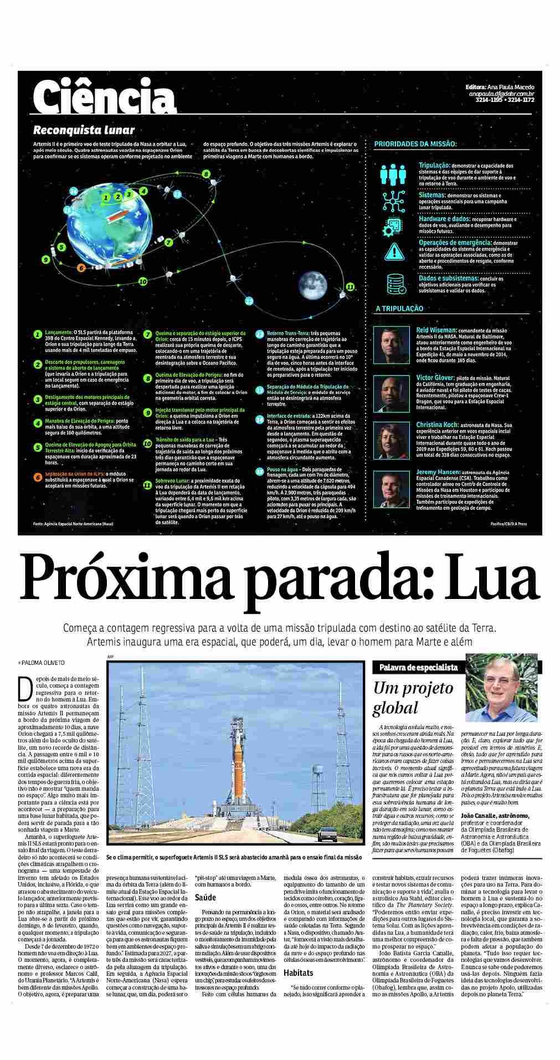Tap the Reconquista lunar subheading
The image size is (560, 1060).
(x=84, y=131)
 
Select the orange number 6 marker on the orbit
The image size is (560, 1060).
(x=81, y=268)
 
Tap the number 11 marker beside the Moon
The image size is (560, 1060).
(x=350, y=286)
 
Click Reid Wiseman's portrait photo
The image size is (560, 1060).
(x=392, y=344)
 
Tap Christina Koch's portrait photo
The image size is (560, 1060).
(x=392, y=439)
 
